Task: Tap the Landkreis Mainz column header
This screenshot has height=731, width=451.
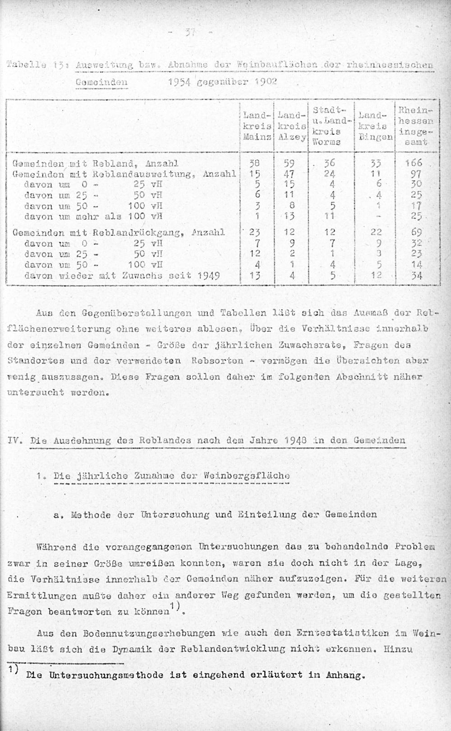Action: [x=257, y=126]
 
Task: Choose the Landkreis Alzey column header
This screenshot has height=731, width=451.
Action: [x=292, y=126]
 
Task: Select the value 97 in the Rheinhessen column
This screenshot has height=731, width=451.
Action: [x=416, y=174]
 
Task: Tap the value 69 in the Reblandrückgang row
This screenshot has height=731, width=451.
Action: [x=417, y=233]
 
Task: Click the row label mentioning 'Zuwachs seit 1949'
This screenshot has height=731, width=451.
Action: [x=122, y=275]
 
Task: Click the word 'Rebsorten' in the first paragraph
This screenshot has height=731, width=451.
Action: [x=217, y=361]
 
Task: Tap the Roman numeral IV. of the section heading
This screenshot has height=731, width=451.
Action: [x=13, y=440]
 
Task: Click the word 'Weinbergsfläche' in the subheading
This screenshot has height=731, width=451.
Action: [x=247, y=476]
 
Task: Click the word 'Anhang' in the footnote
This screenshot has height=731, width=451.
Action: [x=345, y=675]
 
